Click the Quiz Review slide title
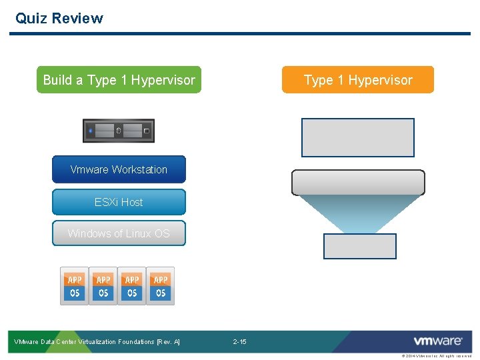tap(59, 18)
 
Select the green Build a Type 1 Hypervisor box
tap(119, 80)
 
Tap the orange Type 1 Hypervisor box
tap(358, 80)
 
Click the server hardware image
tap(119, 131)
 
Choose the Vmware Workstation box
tap(119, 169)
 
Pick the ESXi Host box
tap(119, 202)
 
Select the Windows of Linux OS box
tap(119, 233)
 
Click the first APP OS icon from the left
tap(75, 287)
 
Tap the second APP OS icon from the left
tap(103, 287)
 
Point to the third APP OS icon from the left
tap(132, 287)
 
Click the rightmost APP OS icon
tap(161, 287)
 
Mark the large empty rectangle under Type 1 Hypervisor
tap(358, 137)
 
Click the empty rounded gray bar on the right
tap(358, 182)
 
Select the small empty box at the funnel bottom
tap(359, 246)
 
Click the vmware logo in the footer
tap(437, 341)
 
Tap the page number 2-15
tap(239, 342)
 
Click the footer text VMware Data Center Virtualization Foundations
tap(97, 342)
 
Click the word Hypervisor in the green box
tap(163, 80)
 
